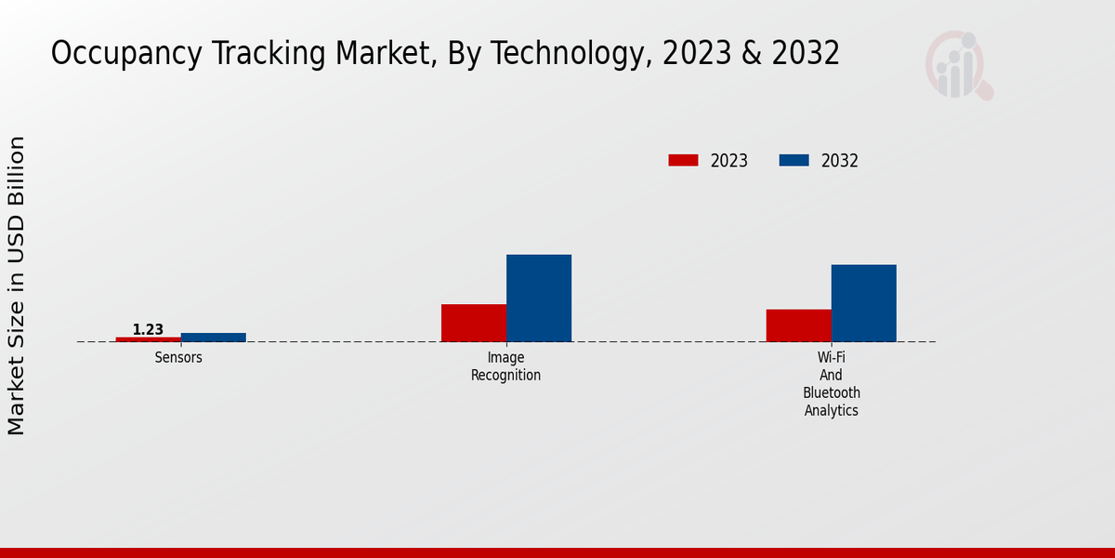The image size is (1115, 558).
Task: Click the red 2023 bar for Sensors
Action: tap(149, 339)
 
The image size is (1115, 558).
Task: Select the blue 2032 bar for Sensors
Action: tap(214, 338)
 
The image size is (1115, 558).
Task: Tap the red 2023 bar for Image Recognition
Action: tap(474, 323)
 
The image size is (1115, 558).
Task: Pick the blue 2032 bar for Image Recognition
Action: tap(539, 298)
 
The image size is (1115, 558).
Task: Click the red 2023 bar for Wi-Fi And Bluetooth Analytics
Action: tap(799, 325)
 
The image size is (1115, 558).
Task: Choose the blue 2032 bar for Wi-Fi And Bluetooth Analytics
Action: tap(864, 303)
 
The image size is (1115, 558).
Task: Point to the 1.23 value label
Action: tap(148, 329)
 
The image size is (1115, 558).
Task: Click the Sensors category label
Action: tap(178, 358)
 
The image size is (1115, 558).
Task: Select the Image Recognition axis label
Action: tap(505, 366)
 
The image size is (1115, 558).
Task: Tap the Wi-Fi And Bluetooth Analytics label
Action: tap(832, 384)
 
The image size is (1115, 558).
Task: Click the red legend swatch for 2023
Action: tap(683, 160)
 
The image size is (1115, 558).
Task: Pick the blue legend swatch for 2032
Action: tap(794, 160)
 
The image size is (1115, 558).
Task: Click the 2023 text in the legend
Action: tap(729, 161)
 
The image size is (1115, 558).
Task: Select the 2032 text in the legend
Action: tap(840, 161)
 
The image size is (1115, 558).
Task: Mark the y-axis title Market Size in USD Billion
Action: tap(17, 286)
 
